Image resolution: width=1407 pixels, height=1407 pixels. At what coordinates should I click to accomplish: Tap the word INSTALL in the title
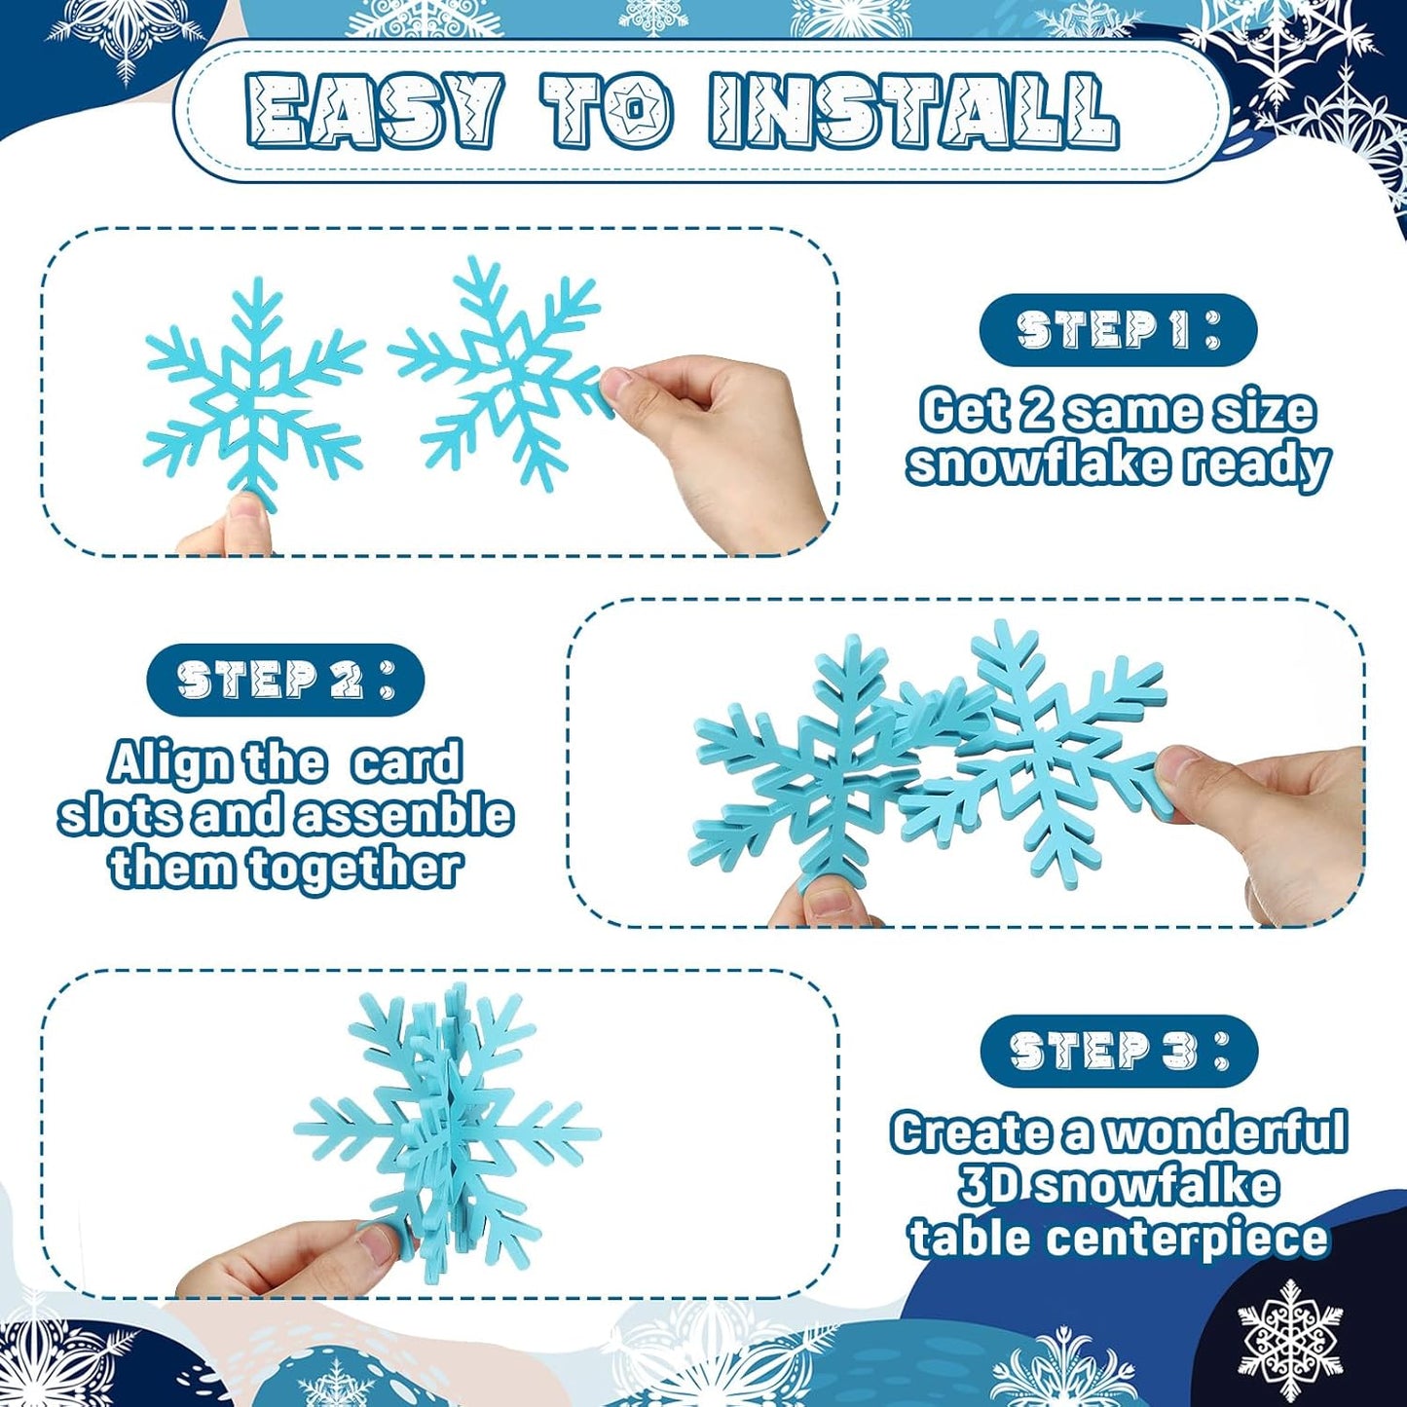(x=913, y=111)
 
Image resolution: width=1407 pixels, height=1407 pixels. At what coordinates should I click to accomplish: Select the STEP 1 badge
(x=1118, y=330)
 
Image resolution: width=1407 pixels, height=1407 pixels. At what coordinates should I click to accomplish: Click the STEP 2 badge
(x=285, y=680)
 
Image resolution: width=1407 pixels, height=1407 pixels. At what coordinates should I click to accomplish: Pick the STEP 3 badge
(x=1119, y=1051)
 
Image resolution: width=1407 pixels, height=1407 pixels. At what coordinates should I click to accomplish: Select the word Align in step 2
(x=167, y=762)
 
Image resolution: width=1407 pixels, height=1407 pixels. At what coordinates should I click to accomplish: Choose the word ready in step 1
(x=1257, y=464)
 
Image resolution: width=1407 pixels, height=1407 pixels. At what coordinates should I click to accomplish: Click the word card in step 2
(x=406, y=762)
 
